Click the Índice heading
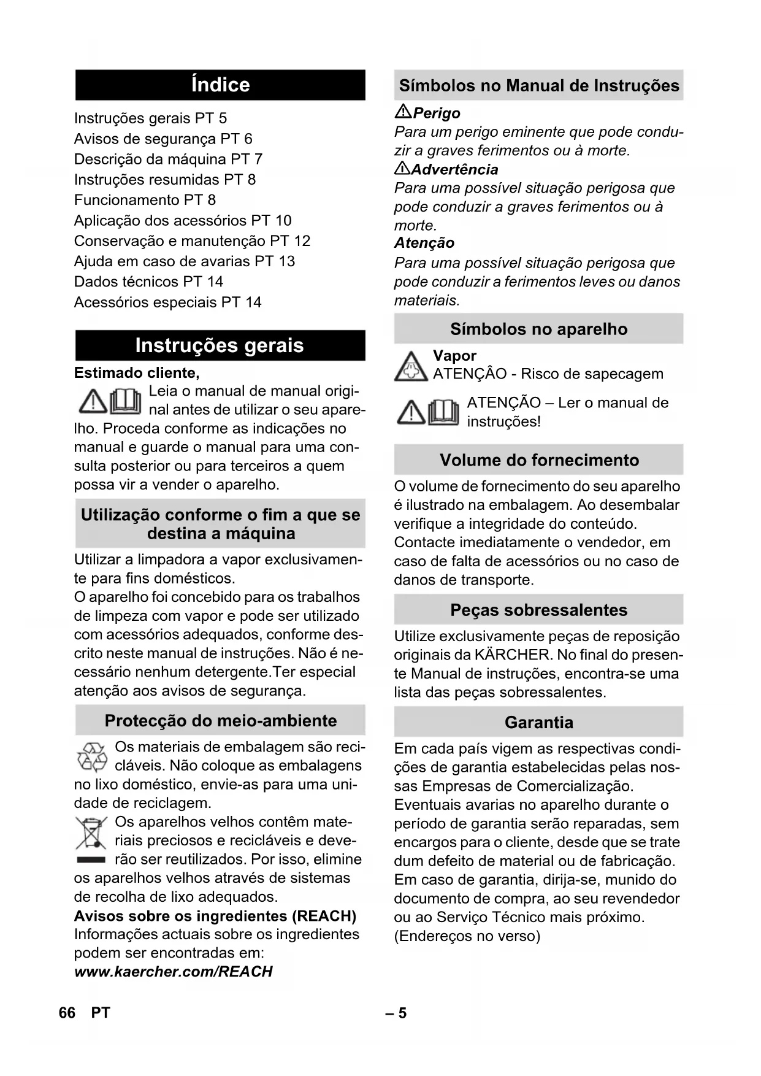tap(220, 85)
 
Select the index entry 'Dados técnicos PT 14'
tap(148, 282)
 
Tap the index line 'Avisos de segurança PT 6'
tap(163, 139)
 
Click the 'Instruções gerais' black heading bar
tap(220, 345)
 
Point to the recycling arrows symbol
tap(92, 757)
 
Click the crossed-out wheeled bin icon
tap(91, 834)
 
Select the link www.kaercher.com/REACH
tap(173, 972)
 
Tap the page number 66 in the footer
tap(67, 1013)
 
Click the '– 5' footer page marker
tap(396, 1013)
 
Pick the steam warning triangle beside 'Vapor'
tap(410, 367)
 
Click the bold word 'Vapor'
tap(454, 356)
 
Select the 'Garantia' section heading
tap(538, 722)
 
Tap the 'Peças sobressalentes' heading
tap(538, 610)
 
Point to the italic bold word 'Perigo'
tap(437, 113)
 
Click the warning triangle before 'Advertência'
tap(402, 169)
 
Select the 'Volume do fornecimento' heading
tap(538, 460)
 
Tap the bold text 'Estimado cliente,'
tap(137, 373)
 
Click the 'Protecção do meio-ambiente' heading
tap(220, 721)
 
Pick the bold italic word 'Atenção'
tap(424, 243)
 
